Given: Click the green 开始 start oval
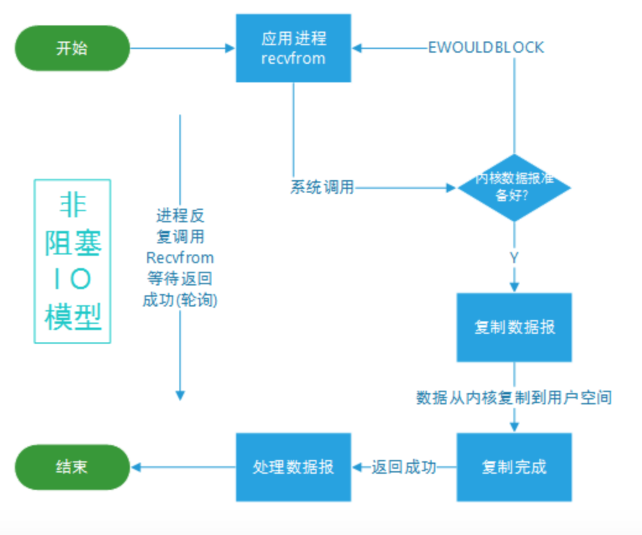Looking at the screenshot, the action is tap(72, 48).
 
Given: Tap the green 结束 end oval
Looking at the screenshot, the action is tap(72, 467).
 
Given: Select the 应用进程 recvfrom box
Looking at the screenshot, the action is tap(294, 48).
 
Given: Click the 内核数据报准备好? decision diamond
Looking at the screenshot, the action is tap(514, 188).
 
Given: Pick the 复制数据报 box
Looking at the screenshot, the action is tap(514, 327).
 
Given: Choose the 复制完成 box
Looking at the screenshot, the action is tap(514, 467).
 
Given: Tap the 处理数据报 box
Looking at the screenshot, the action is tap(294, 467).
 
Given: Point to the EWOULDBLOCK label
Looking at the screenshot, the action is tap(486, 48).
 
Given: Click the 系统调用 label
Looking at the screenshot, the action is tap(322, 188).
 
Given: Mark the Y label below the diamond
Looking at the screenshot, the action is tap(514, 258).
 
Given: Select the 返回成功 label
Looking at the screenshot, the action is tap(404, 467).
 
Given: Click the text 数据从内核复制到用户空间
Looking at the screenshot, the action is tap(514, 398).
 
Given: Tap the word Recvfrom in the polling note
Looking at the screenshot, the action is tap(180, 258).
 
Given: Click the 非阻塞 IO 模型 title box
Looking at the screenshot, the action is tap(72, 261).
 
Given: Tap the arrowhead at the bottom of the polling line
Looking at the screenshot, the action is tap(180, 396).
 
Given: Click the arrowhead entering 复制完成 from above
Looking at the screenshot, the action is tap(514, 427).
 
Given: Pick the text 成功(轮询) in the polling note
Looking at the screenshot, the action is tap(180, 300).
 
